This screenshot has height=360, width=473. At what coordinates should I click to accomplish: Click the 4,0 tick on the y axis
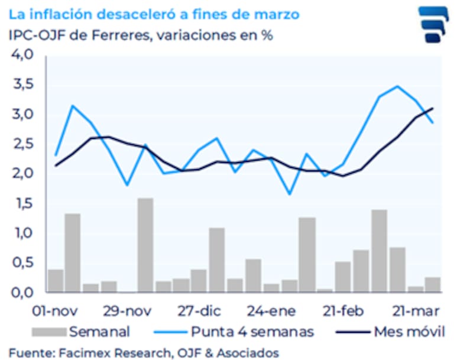point(22,55)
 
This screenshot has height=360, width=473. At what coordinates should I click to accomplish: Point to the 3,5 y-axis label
point(22,85)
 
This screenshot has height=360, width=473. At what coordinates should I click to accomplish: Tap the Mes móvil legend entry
point(409,331)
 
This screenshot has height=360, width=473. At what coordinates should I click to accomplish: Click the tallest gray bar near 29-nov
point(145,245)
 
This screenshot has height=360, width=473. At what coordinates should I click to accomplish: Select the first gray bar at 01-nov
point(56,280)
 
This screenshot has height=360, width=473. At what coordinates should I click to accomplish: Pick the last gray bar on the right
point(432,284)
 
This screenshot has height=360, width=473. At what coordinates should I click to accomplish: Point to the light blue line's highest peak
point(397,86)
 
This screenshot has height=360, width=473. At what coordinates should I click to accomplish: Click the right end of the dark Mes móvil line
point(433,108)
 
